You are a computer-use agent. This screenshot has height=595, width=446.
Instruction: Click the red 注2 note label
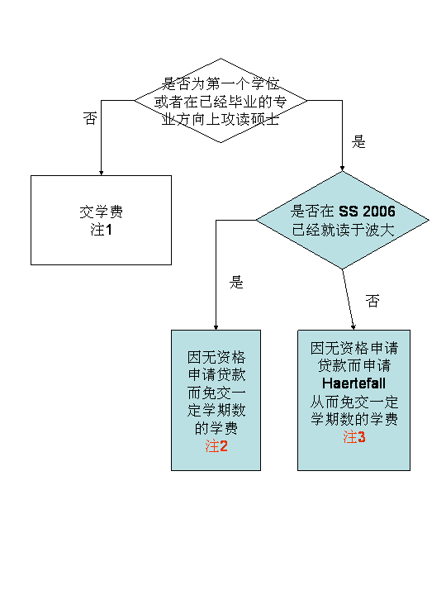pos(216,446)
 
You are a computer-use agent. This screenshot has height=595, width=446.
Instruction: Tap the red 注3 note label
pos(353,437)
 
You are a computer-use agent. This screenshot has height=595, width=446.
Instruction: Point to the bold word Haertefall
pos(353,383)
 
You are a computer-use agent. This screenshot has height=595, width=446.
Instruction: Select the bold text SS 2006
pos(367,212)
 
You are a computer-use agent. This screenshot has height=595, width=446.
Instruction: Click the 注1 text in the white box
pos(101,230)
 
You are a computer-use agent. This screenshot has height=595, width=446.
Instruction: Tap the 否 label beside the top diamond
pos(90,118)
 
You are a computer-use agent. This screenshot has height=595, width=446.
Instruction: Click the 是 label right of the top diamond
pos(358,142)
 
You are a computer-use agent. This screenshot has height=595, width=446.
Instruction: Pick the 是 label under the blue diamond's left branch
pos(236,283)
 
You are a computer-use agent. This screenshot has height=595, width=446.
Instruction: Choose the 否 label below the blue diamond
pos(372,301)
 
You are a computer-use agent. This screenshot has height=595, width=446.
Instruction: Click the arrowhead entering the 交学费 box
pos(102,173)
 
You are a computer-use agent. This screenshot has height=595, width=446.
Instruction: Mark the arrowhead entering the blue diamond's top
pos(342,168)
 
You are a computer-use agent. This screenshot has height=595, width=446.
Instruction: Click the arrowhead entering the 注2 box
pos(216,327)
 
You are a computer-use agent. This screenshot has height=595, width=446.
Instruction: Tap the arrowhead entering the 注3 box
pos(353,327)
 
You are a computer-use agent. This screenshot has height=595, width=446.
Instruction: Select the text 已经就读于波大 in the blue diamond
pos(344,230)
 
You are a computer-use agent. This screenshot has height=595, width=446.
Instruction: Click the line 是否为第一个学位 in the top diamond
pos(221,83)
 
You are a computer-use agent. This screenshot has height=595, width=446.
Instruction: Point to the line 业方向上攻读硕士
pos(221,120)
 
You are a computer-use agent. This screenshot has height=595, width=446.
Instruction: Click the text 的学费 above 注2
pos(216,428)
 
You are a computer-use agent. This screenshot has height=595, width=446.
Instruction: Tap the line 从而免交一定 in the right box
pos(353,402)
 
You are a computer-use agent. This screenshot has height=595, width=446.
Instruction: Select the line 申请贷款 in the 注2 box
pos(216,374)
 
